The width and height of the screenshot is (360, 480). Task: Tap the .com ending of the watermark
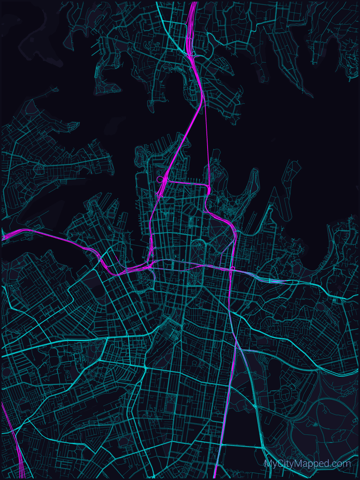341,464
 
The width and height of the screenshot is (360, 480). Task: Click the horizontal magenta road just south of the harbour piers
186,183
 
